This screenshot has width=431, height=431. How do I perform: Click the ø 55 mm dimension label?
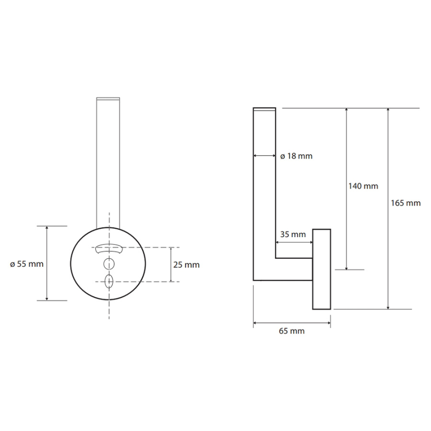(27, 264)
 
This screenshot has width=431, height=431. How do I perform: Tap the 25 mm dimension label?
(186, 265)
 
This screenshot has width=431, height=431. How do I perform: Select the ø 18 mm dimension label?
(296, 156)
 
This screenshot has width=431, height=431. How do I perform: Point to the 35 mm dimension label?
(293, 235)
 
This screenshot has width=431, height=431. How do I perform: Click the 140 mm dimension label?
(363, 186)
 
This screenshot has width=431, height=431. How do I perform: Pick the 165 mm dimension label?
(406, 203)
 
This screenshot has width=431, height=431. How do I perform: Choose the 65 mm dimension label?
(292, 331)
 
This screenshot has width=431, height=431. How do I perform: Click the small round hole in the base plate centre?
(109, 264)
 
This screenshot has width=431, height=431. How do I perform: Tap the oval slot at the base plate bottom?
(109, 281)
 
